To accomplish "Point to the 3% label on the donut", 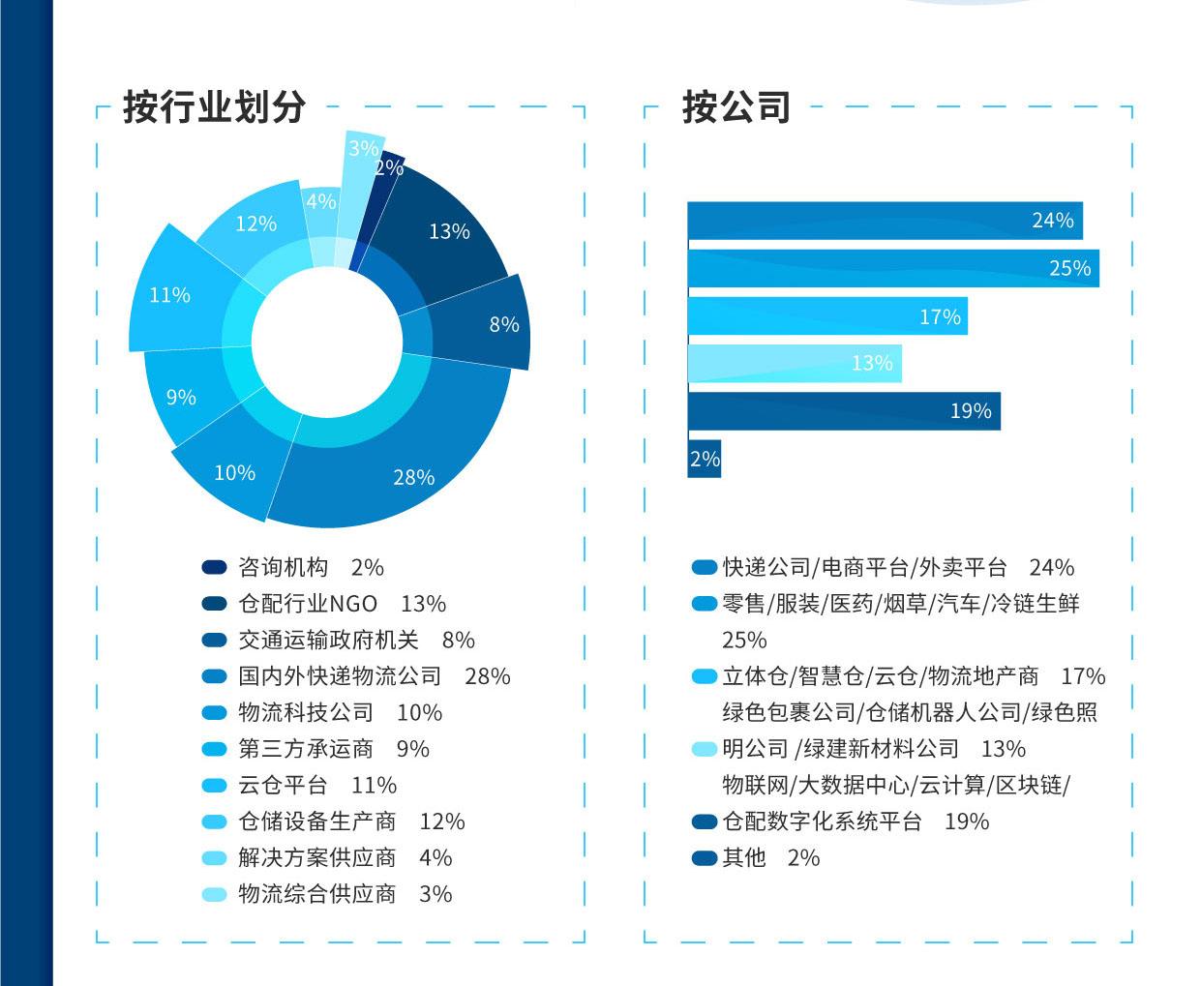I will point(363,148).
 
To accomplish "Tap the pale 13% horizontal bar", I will point(794,363).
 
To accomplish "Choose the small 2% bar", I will point(705,459).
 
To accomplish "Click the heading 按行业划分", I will point(214,106).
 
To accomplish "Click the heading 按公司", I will point(736,106).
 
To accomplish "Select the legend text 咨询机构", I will point(284,567).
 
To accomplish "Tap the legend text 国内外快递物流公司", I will point(340,676).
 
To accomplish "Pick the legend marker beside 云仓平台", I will point(214,786).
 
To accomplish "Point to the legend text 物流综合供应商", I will point(317,894).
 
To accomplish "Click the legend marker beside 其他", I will point(705,858).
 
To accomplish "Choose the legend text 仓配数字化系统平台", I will point(822,822).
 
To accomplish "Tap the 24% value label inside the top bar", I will point(1052,221).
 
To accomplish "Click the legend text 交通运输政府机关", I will point(328,641).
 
